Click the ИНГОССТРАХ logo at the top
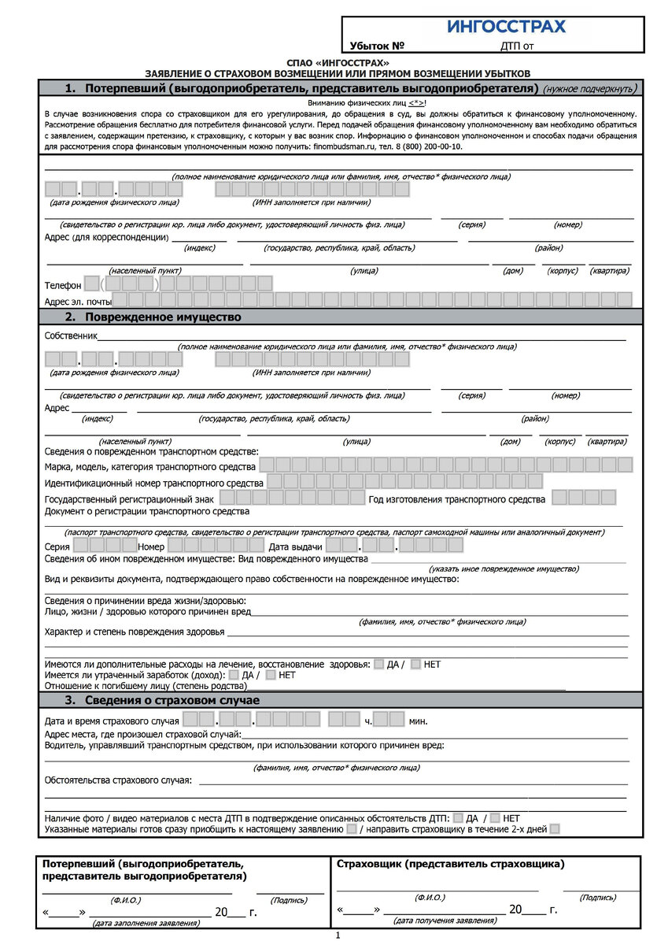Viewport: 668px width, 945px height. pyautogui.click(x=506, y=27)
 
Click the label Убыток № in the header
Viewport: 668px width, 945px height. pyautogui.click(x=376, y=46)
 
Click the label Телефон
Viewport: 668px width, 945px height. pyautogui.click(x=63, y=285)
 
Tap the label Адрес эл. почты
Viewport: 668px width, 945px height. pyautogui.click(x=77, y=301)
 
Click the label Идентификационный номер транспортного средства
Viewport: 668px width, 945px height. pyautogui.click(x=154, y=482)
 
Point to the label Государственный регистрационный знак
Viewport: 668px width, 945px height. pyautogui.click(x=129, y=499)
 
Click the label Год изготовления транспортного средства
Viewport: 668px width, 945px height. pyautogui.click(x=456, y=499)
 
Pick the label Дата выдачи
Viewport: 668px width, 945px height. pyautogui.click(x=295, y=547)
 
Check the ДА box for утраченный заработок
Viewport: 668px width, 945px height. pyautogui.click(x=233, y=675)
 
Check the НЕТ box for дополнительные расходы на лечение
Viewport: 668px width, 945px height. pyautogui.click(x=416, y=664)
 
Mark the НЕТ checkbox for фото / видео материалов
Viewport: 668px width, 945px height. pyautogui.click(x=495, y=818)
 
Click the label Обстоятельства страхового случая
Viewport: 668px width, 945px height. pyautogui.click(x=118, y=780)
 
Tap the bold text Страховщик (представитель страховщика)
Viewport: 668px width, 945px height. pyautogui.click(x=450, y=864)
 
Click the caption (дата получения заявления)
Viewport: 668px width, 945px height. pyautogui.click(x=434, y=920)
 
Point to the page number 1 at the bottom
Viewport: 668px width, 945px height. pyautogui.click(x=337, y=936)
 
